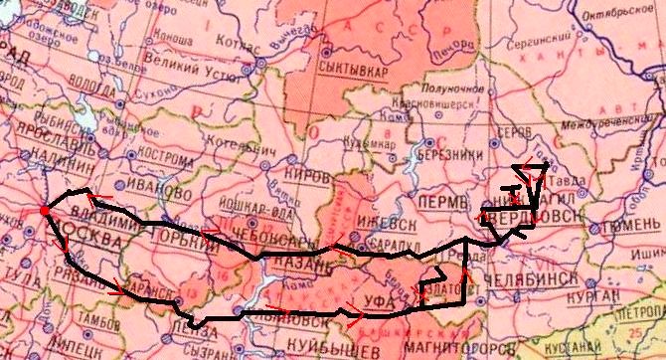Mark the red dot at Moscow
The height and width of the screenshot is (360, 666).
(x=44, y=211)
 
